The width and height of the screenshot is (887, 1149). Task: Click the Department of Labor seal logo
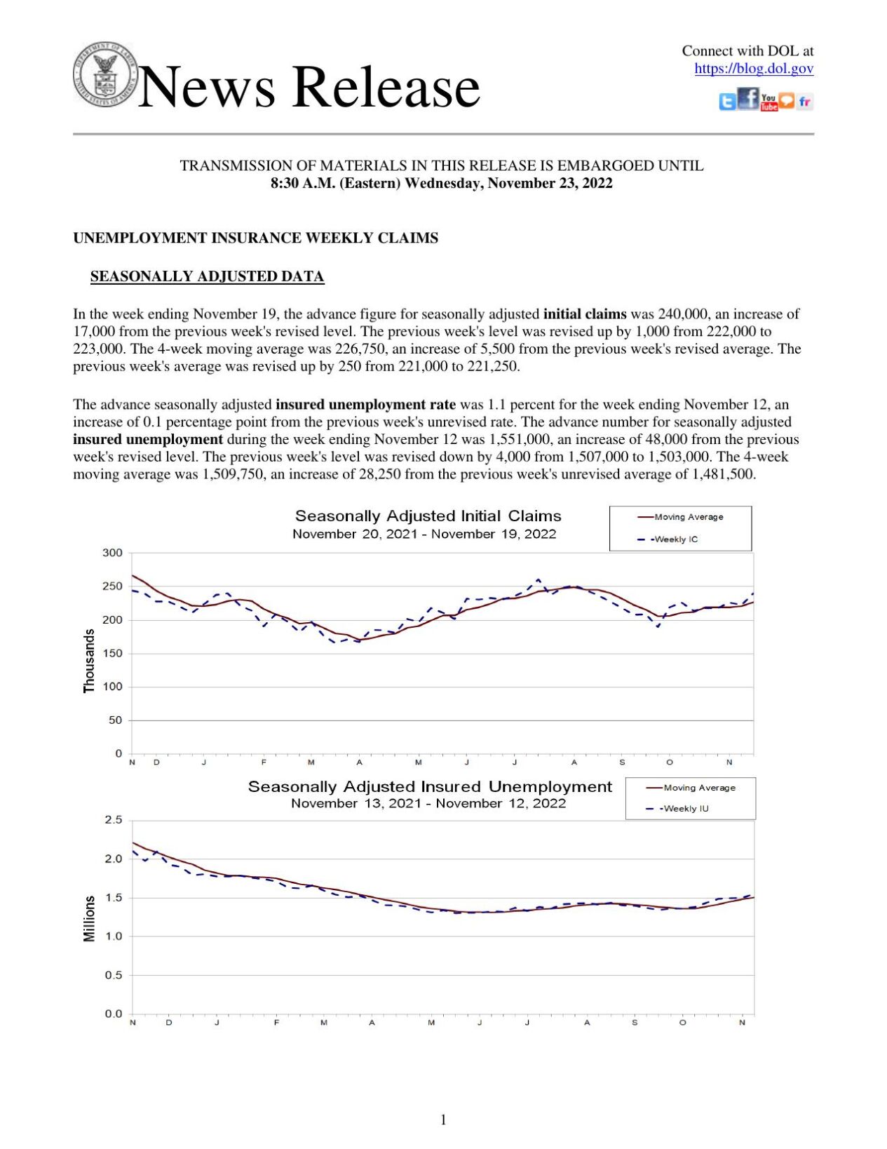click(x=105, y=74)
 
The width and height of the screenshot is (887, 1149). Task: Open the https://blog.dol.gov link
click(x=754, y=69)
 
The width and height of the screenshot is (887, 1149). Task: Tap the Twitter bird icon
click(x=728, y=102)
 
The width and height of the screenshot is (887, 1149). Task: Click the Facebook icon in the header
click(x=748, y=99)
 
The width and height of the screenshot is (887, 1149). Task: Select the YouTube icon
click(x=768, y=102)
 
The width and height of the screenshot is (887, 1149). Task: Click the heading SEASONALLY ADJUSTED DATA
click(x=207, y=276)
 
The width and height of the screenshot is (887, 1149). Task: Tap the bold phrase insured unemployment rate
click(x=365, y=405)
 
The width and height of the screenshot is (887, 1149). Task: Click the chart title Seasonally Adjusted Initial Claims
click(x=428, y=516)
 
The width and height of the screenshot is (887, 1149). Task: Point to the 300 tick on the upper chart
click(x=112, y=553)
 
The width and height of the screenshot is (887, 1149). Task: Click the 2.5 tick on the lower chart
click(x=114, y=820)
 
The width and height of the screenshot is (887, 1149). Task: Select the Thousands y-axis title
click(x=89, y=661)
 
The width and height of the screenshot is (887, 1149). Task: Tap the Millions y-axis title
click(x=89, y=918)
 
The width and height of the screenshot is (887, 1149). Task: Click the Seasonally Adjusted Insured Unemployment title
click(x=429, y=786)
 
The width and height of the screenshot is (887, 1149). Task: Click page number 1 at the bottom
click(x=443, y=1120)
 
